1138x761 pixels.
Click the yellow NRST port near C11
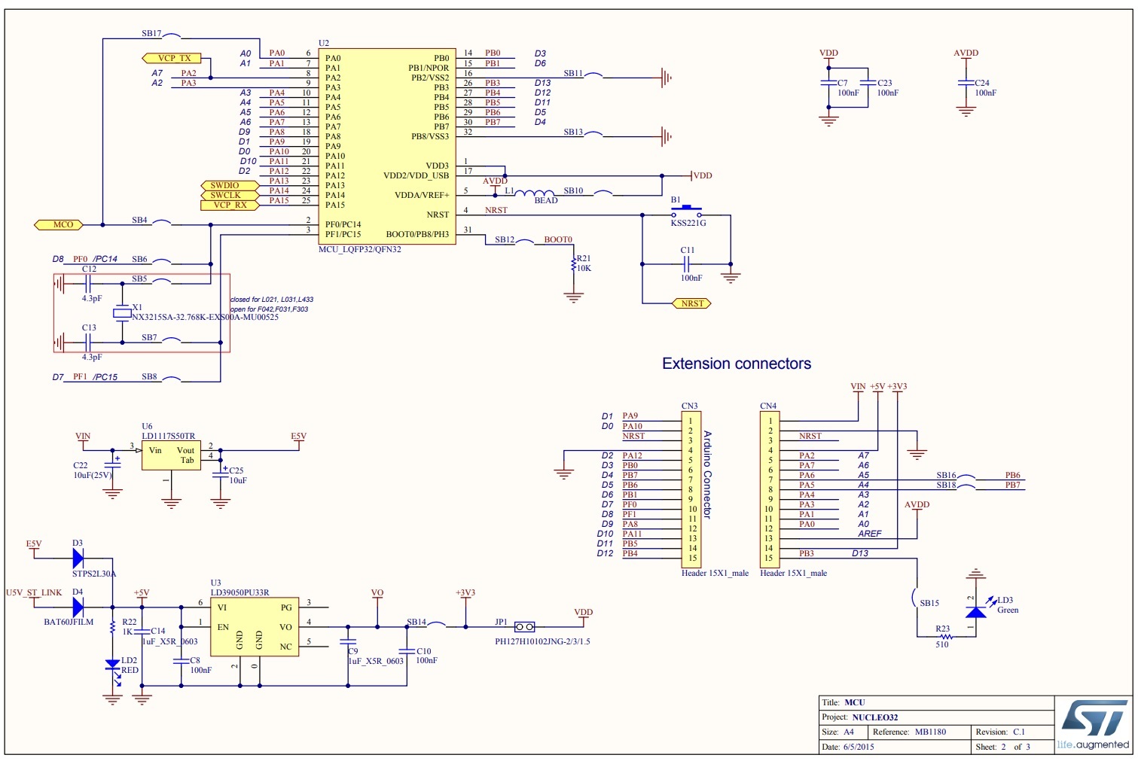(691, 303)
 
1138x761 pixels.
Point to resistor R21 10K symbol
(574, 265)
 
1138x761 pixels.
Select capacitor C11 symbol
(687, 264)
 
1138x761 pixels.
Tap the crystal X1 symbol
(122, 313)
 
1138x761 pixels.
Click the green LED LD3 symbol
(976, 610)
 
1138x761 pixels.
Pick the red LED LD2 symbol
(112, 665)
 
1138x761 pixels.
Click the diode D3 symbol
(78, 558)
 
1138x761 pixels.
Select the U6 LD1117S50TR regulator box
(172, 455)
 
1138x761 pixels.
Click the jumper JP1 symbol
(524, 626)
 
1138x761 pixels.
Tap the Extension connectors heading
(736, 364)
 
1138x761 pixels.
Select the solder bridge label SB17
(151, 34)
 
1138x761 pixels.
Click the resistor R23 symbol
(944, 636)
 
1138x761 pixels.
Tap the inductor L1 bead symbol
(535, 194)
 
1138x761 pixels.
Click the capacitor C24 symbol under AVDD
(966, 84)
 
